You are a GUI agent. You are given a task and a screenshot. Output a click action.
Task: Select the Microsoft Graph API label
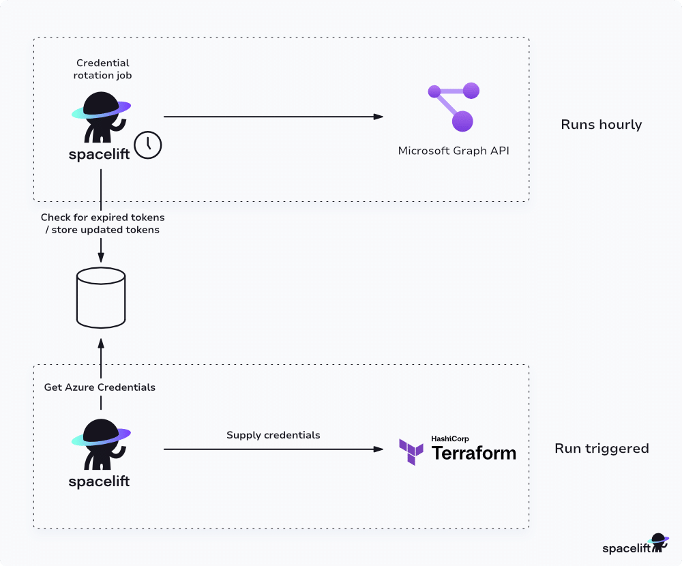[x=454, y=151]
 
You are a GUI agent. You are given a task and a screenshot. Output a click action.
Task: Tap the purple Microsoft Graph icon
[x=454, y=106]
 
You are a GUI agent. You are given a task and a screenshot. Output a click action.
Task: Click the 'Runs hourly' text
[x=601, y=124]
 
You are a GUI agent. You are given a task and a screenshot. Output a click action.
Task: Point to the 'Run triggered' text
[x=602, y=449]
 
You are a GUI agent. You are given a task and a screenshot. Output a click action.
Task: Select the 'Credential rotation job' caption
[x=103, y=69]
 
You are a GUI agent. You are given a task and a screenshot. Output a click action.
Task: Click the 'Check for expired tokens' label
[x=103, y=217]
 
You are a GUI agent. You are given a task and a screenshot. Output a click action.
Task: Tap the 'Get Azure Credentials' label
[x=100, y=387]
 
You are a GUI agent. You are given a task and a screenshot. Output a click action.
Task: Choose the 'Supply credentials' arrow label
[x=273, y=435]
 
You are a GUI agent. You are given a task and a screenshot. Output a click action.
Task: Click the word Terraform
[x=474, y=453]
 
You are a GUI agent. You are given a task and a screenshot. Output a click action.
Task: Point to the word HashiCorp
[x=449, y=438]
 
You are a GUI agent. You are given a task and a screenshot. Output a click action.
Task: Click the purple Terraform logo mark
[x=411, y=452]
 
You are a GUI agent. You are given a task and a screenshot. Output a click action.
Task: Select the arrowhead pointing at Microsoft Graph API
[x=379, y=117]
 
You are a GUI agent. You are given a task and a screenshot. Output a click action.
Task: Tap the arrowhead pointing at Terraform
[x=379, y=449]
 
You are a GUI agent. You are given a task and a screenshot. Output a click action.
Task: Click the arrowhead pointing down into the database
[x=101, y=257]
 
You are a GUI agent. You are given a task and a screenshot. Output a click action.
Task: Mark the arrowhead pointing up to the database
[x=101, y=344]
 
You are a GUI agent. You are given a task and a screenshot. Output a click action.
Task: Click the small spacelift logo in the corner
[x=636, y=543]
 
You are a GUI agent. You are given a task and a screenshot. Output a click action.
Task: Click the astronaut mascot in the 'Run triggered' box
[x=101, y=444]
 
